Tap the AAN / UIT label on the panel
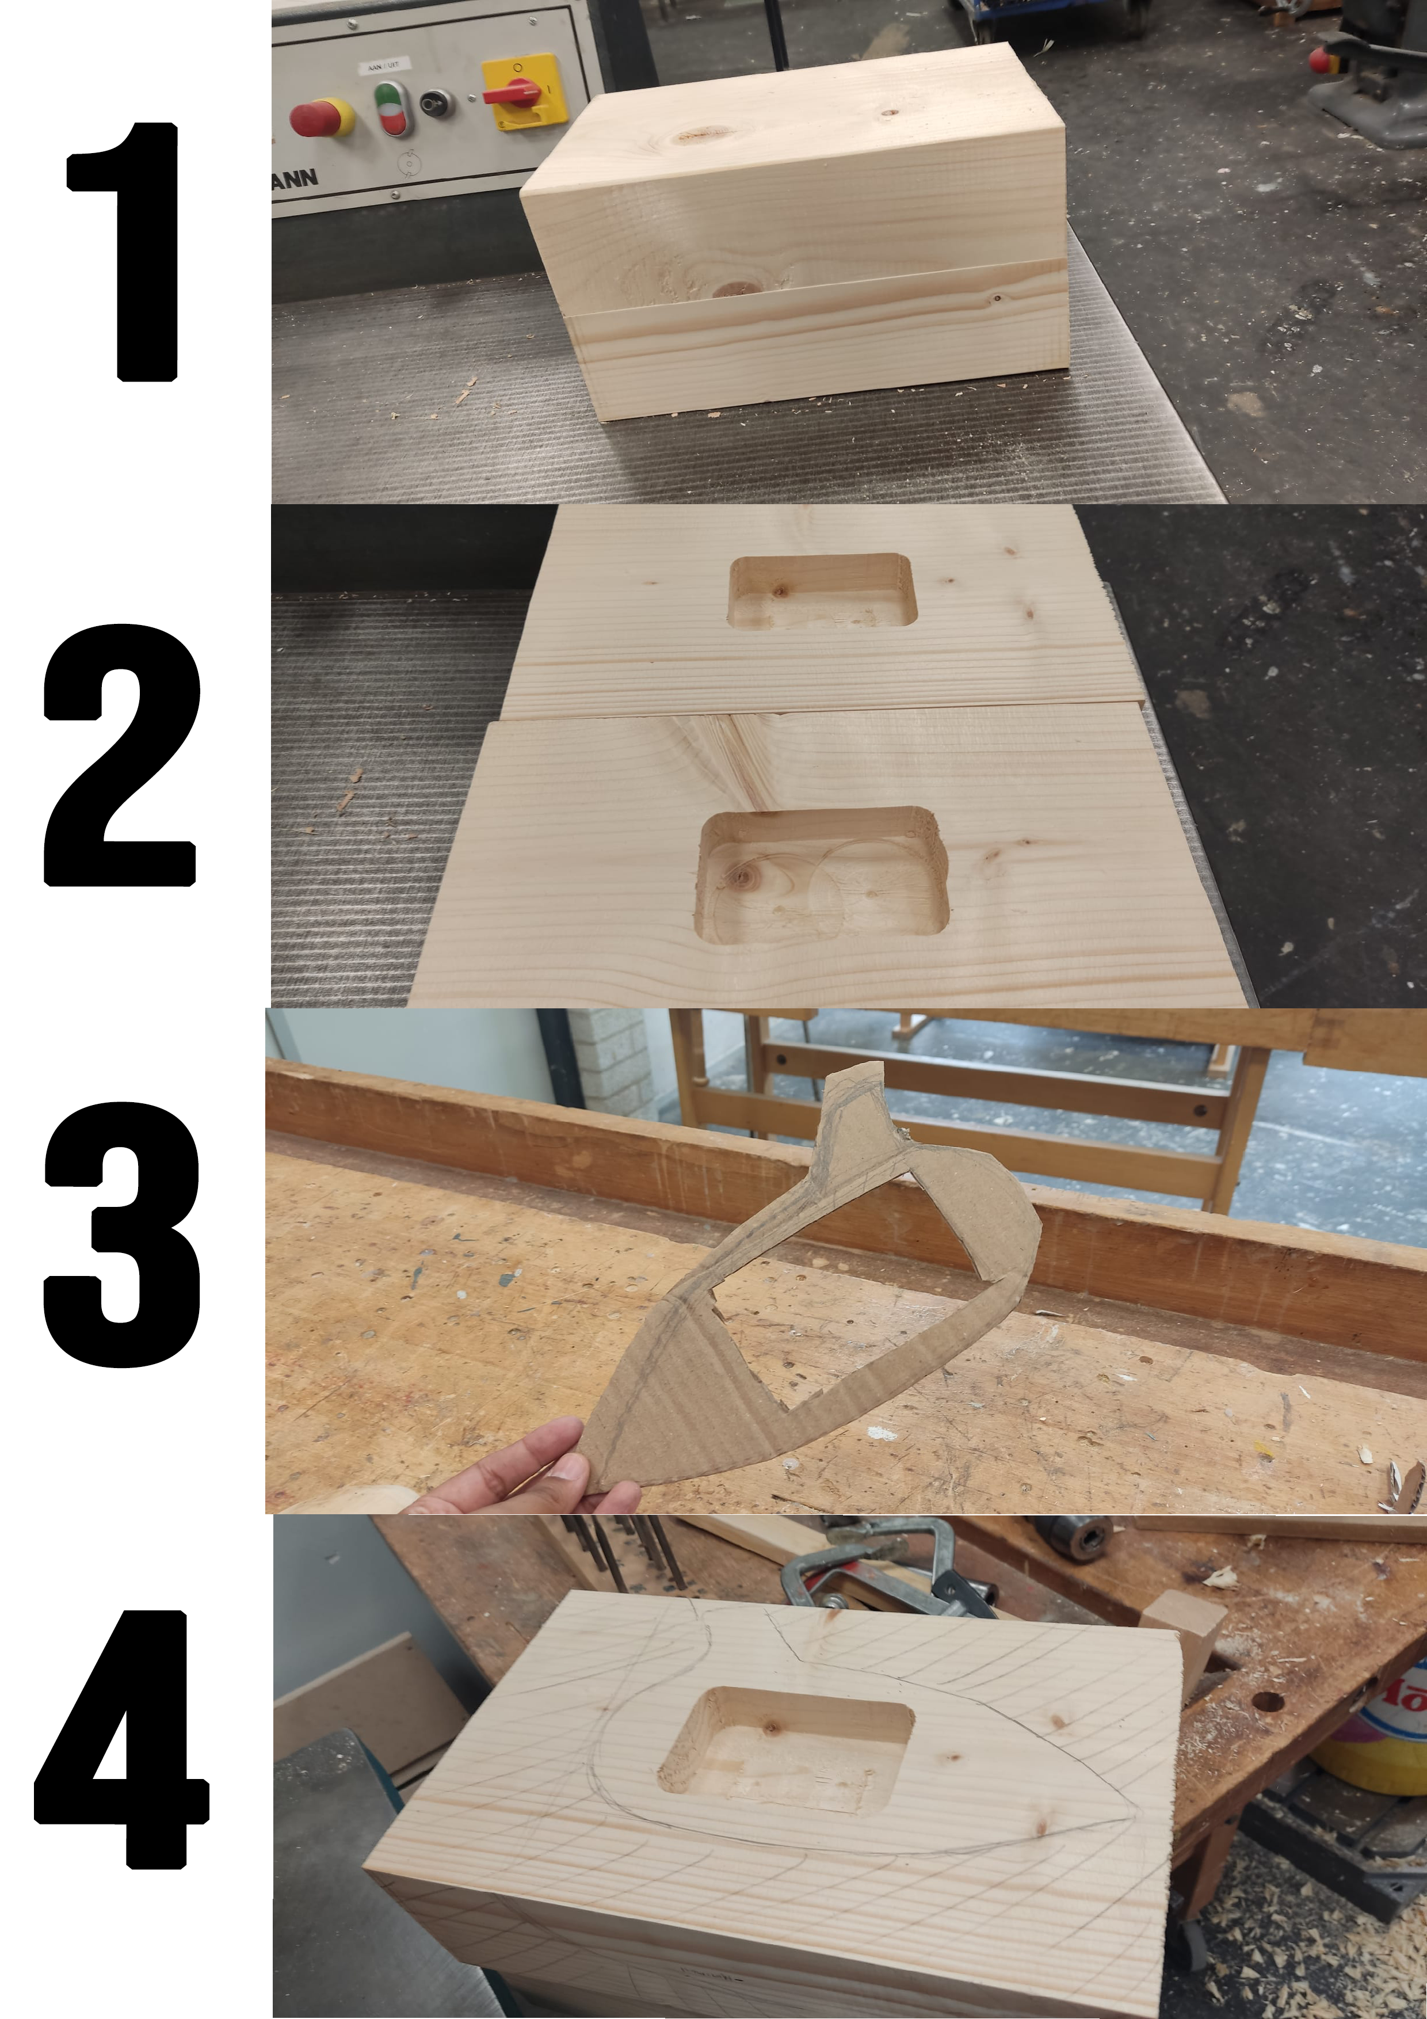point(384,65)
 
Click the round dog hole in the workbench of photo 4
point(1268,1701)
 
